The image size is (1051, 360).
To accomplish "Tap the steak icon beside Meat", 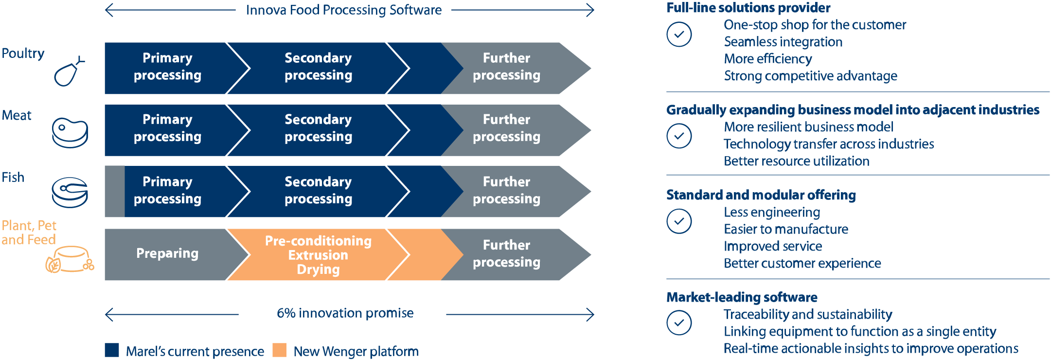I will [70, 132].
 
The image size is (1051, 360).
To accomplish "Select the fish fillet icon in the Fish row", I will [70, 192].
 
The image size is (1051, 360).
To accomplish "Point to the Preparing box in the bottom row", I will [167, 254].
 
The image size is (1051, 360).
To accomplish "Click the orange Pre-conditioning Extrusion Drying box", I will [318, 255].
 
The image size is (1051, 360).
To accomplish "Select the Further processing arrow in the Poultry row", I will [507, 67].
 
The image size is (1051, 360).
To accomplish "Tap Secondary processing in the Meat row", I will [318, 128].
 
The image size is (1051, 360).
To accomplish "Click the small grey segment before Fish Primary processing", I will [115, 191].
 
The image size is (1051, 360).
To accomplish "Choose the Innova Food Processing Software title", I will [343, 10].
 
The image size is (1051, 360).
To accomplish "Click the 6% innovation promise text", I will [345, 313].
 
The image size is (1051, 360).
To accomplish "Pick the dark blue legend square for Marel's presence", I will [112, 350].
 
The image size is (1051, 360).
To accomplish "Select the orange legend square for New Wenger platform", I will [279, 350].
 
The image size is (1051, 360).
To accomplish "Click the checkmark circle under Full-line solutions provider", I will [679, 35].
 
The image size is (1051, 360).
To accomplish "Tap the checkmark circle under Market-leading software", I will [679, 323].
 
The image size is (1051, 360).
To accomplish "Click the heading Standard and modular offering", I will [761, 195].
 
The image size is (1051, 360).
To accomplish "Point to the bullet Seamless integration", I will [783, 42].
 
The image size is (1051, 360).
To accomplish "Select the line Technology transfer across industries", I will [829, 144].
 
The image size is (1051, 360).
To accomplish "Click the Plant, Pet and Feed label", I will [29, 233].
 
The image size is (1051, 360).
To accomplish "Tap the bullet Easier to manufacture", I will [785, 229].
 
